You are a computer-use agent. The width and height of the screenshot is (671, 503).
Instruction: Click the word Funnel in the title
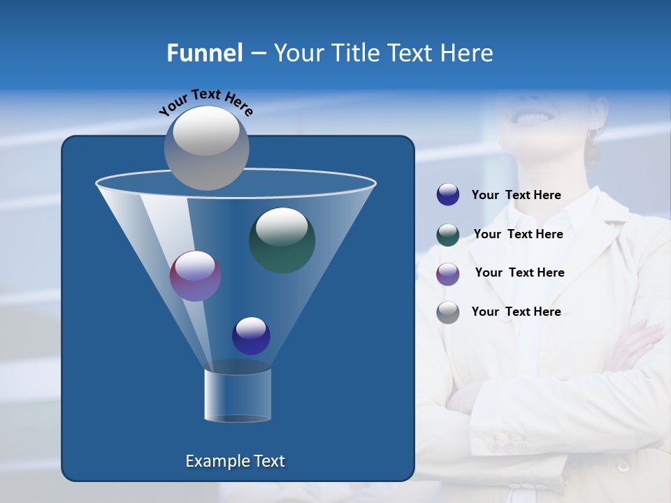coord(204,53)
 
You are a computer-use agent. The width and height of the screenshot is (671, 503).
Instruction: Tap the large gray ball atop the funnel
coord(207,147)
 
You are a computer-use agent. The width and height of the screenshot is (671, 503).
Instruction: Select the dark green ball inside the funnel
coord(282,240)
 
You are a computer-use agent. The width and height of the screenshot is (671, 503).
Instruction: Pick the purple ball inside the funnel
coord(195,276)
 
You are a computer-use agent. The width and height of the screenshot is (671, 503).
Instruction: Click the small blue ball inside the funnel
coord(251,335)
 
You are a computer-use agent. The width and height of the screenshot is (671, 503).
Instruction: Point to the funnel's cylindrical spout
coord(238,395)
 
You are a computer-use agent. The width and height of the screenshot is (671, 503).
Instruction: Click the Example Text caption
coord(235,461)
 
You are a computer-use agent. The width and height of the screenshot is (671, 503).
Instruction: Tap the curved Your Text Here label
coord(205,102)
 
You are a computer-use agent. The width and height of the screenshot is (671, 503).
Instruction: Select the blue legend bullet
coord(448,195)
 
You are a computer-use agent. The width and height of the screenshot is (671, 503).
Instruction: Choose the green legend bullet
coord(448,235)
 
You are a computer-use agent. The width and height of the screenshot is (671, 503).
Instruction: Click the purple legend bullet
coord(448,273)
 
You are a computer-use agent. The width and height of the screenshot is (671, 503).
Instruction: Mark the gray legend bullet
coord(448,312)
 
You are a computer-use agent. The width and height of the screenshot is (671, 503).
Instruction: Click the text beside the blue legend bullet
coord(517,196)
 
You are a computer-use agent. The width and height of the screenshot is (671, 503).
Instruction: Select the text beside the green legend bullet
coord(518,235)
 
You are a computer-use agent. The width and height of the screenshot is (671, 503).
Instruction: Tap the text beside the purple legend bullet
coord(519,273)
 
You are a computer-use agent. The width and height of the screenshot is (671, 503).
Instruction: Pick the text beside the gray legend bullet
coord(517,312)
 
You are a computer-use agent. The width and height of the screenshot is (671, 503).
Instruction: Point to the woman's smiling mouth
coord(533,117)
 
